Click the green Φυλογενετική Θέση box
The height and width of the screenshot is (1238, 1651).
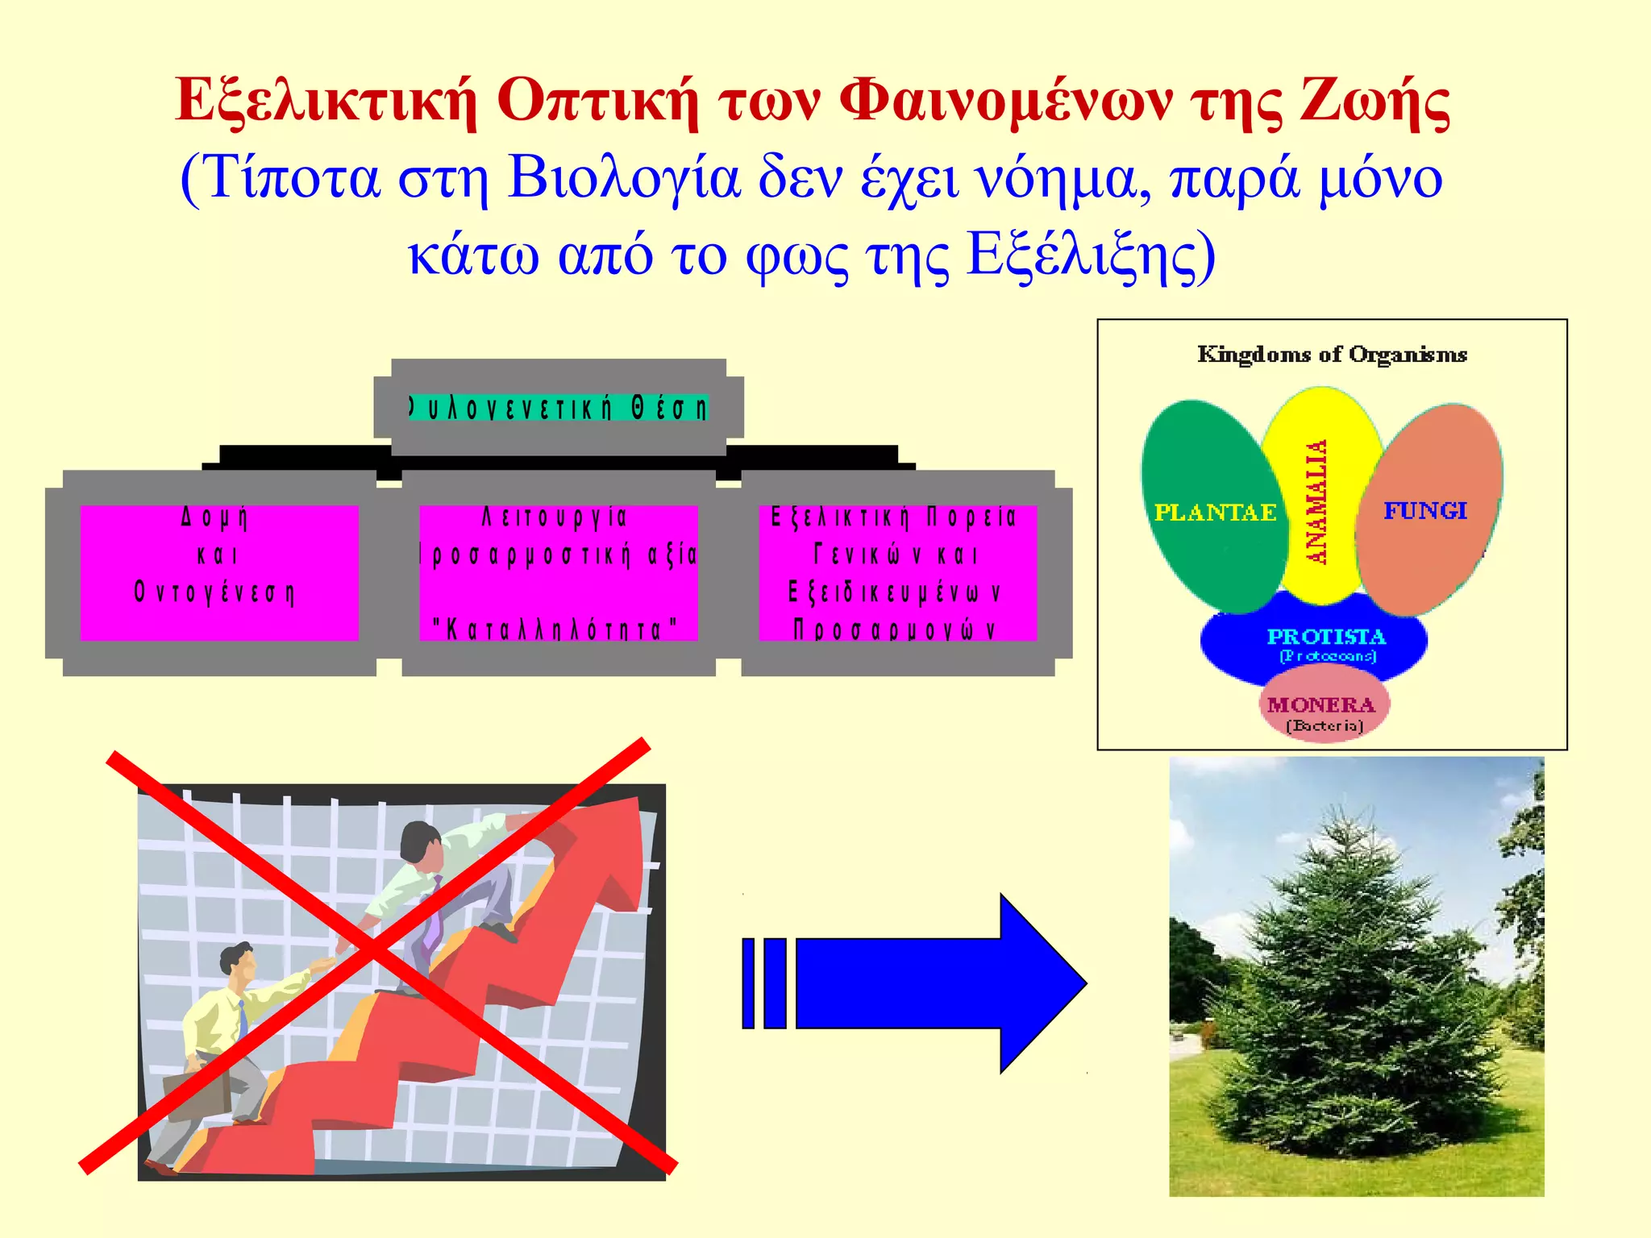(x=558, y=408)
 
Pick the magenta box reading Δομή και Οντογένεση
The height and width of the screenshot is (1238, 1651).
(x=218, y=572)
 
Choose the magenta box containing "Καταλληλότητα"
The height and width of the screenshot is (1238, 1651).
(x=558, y=572)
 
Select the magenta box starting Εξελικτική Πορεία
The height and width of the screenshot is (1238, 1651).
(x=897, y=572)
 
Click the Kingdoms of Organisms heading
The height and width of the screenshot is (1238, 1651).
(x=1332, y=355)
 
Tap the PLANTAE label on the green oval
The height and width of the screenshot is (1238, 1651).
(x=1215, y=513)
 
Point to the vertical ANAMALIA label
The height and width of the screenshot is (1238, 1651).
(x=1316, y=501)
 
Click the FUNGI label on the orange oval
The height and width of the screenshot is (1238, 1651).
(x=1425, y=511)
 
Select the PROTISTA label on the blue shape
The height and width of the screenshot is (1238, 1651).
(x=1326, y=637)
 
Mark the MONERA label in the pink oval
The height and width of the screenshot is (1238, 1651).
(x=1321, y=705)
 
